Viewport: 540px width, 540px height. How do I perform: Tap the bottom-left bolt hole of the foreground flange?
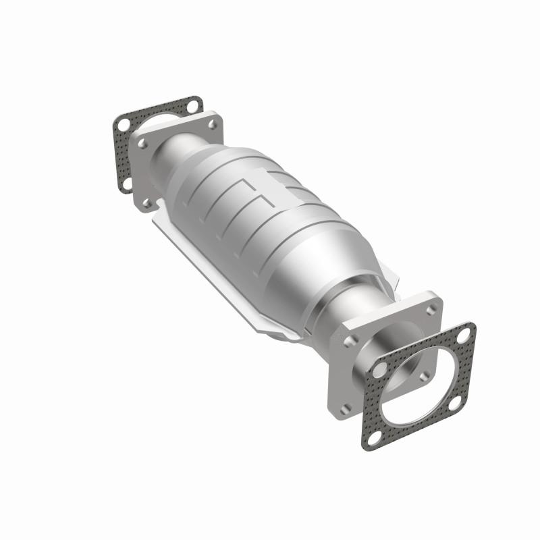[346, 406]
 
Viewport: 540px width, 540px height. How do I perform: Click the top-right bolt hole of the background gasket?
[194, 105]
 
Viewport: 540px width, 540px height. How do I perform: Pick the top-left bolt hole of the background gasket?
[123, 126]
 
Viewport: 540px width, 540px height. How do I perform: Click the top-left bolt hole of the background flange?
[143, 144]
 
